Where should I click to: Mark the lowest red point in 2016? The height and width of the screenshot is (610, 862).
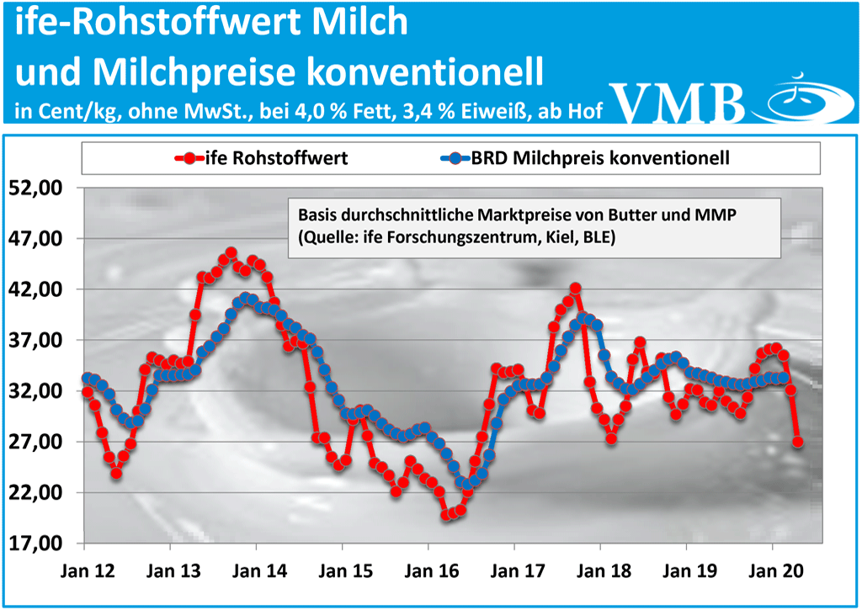[x=446, y=515]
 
